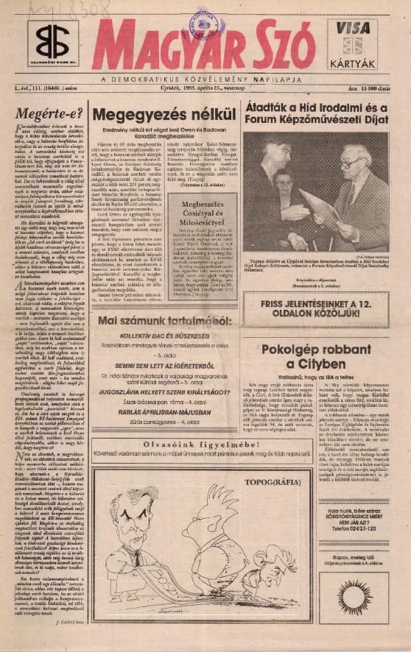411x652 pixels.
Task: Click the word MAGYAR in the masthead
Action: point(171,46)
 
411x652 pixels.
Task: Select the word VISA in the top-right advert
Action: point(351,28)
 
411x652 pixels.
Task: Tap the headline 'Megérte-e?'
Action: point(45,115)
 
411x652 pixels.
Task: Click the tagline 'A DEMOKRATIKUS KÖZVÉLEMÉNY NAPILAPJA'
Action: point(205,78)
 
